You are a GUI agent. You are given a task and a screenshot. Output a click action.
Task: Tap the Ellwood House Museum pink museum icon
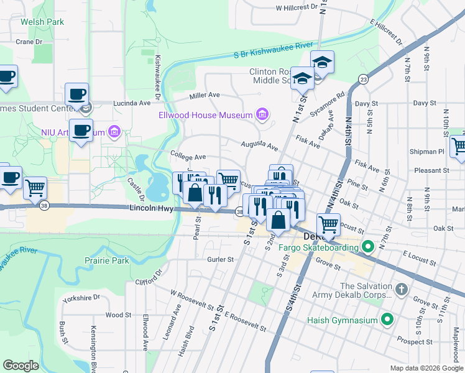(262, 114)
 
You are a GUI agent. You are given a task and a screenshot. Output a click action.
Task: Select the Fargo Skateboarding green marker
(368, 247)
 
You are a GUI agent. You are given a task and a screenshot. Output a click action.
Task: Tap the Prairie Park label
(108, 260)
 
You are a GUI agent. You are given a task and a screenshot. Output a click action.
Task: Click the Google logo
(21, 366)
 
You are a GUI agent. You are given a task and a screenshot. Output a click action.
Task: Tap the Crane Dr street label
(29, 42)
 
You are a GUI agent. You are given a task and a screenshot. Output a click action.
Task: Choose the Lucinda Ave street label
(132, 103)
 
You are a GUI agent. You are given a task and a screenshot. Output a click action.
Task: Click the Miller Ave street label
(205, 95)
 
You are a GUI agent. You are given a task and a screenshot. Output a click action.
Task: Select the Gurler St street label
(221, 259)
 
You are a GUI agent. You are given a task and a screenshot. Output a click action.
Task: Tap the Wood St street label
(114, 315)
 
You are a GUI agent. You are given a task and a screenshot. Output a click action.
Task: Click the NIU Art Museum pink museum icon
(114, 132)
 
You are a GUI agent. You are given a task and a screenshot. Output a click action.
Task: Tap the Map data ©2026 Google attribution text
(426, 368)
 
